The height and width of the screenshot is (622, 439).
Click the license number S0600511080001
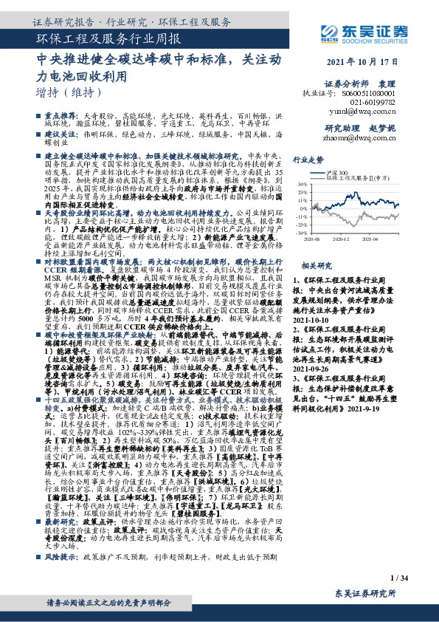coord(380,95)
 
